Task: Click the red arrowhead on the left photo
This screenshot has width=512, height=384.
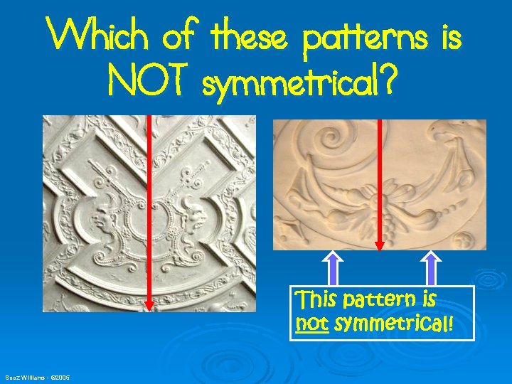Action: (x=149, y=304)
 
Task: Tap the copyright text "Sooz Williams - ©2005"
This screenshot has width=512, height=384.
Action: (x=38, y=376)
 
